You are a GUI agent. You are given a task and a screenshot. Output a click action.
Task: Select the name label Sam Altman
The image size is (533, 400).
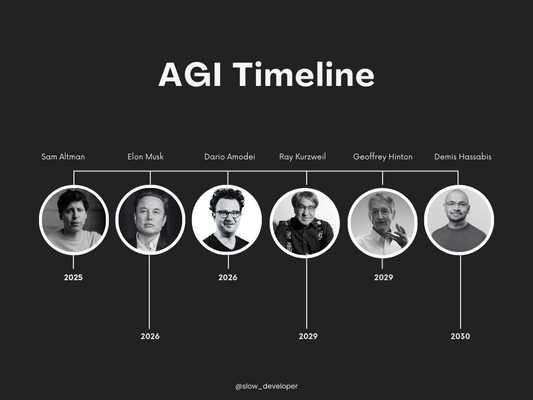[x=63, y=156]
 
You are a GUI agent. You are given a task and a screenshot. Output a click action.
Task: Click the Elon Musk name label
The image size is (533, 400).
[x=145, y=156]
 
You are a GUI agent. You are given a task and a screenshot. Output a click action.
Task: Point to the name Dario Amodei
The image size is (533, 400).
[x=230, y=156]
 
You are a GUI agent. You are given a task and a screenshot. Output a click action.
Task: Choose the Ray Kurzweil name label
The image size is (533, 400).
[x=302, y=156]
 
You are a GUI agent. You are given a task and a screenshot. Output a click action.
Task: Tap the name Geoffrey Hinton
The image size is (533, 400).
[x=383, y=156]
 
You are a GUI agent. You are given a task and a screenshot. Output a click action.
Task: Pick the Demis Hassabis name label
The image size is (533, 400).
[x=463, y=156]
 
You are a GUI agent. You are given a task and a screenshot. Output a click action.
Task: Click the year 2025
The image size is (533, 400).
[x=73, y=278]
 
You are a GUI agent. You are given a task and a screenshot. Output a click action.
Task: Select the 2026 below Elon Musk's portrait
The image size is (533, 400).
[x=150, y=336]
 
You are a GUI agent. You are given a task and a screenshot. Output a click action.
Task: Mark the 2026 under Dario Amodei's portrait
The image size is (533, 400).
[x=227, y=278]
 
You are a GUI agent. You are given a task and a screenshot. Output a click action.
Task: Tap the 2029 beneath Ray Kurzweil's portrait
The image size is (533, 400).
[x=308, y=336]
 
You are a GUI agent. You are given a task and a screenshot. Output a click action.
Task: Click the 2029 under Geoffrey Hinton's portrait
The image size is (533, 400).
[x=384, y=278]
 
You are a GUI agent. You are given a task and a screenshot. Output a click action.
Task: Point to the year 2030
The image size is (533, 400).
[x=460, y=336]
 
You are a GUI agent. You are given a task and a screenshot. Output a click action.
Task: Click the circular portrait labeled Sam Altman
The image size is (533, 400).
[x=74, y=220]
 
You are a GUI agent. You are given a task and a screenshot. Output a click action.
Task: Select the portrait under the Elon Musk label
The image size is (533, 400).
[x=150, y=220]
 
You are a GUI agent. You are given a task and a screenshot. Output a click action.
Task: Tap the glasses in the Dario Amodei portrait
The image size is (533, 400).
[x=229, y=214]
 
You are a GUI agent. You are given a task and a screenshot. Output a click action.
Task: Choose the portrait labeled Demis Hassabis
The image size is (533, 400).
[x=459, y=220]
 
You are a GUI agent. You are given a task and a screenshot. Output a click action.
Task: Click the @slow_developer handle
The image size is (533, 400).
[x=266, y=386]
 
